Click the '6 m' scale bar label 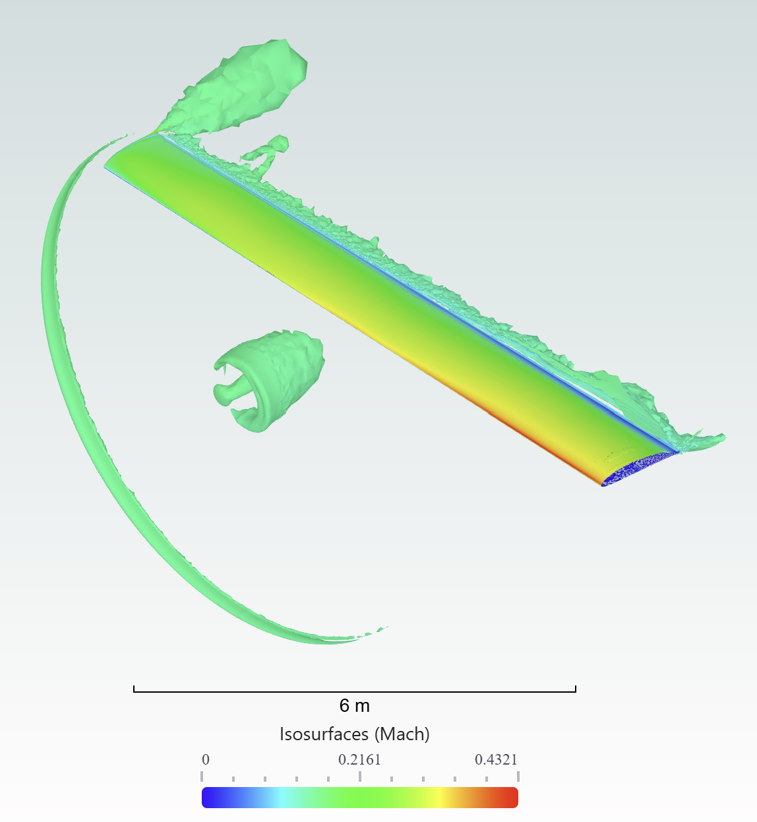354,706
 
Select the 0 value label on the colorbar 206,760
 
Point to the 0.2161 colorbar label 359,760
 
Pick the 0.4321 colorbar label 496,760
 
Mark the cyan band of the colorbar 281,798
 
